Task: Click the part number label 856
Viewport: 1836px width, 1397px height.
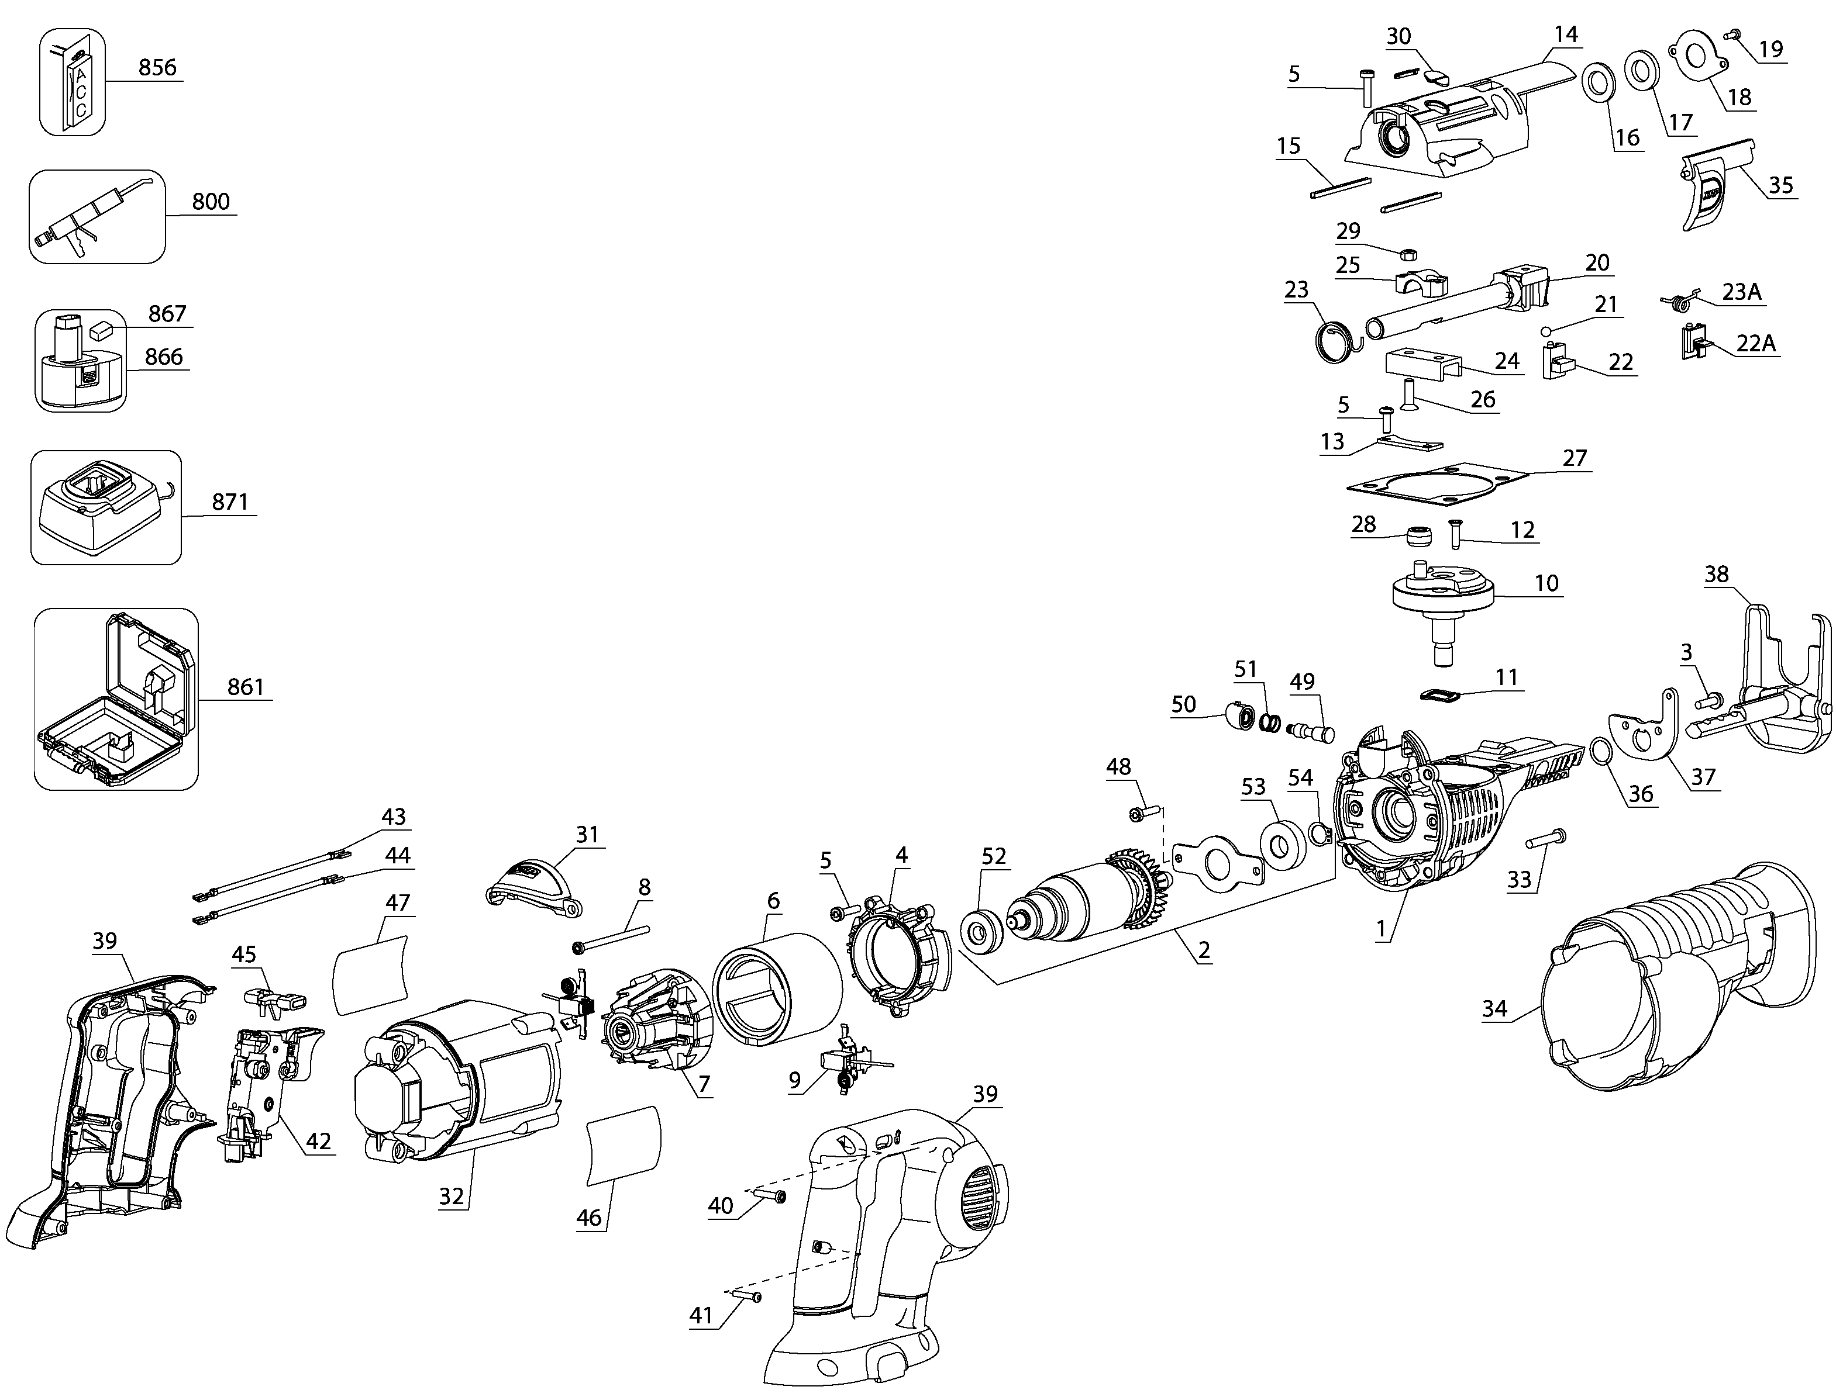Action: [x=157, y=67]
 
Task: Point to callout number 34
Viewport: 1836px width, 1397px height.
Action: [x=1494, y=1009]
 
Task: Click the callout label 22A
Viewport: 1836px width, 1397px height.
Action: [x=1755, y=343]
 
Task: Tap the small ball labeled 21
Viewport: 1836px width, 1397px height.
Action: [x=1546, y=331]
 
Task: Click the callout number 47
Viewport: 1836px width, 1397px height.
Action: [x=398, y=902]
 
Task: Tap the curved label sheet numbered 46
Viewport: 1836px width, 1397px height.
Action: [x=624, y=1144]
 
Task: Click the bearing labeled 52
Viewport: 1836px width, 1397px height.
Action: [x=981, y=931]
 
